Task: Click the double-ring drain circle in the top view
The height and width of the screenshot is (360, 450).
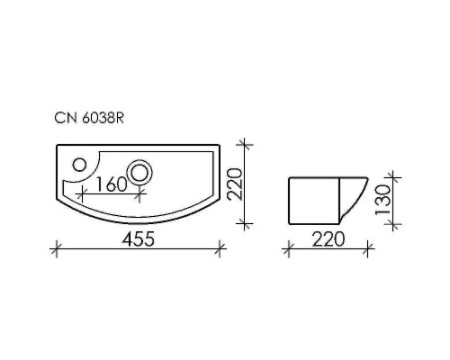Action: tap(141, 170)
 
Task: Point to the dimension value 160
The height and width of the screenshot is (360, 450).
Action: tap(110, 184)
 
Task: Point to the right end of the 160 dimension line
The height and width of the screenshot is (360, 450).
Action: tap(140, 192)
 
